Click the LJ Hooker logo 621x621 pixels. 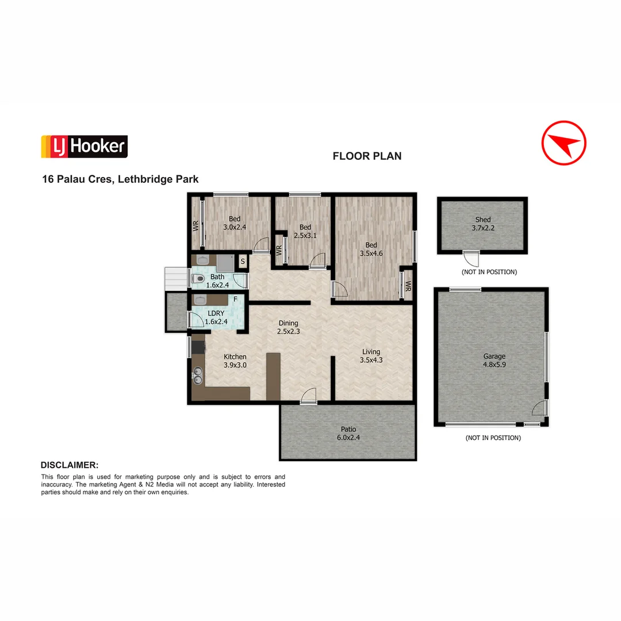point(84,147)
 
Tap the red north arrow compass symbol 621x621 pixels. point(563,143)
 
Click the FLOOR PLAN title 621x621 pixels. point(367,156)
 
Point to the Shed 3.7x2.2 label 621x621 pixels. point(483,224)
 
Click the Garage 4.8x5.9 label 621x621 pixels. point(494,361)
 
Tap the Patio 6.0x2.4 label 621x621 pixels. point(348,433)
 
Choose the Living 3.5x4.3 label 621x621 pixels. point(371,356)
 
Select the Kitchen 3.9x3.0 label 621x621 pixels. point(235,361)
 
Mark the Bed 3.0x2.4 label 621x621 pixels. point(235,223)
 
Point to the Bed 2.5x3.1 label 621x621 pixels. point(305,231)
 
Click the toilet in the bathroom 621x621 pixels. point(198,279)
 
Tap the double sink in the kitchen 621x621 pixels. point(198,375)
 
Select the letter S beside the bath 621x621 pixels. point(243,262)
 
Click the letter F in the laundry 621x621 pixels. point(235,300)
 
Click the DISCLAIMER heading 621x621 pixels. point(69,465)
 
